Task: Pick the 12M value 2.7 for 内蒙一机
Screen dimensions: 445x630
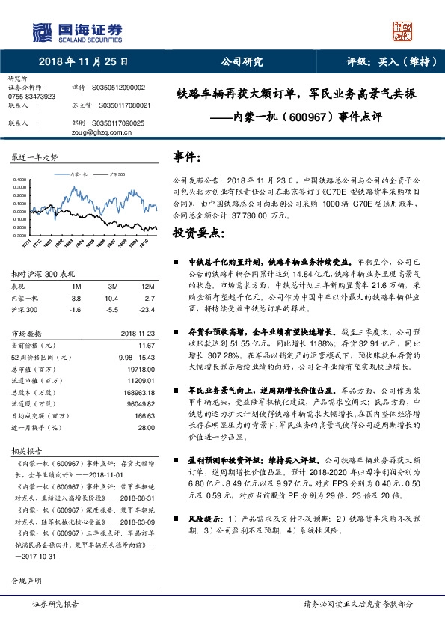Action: coord(149,297)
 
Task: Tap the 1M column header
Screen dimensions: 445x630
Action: coord(76,287)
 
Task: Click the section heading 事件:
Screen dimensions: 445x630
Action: coord(186,157)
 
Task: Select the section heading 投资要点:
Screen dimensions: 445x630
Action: coord(198,233)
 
